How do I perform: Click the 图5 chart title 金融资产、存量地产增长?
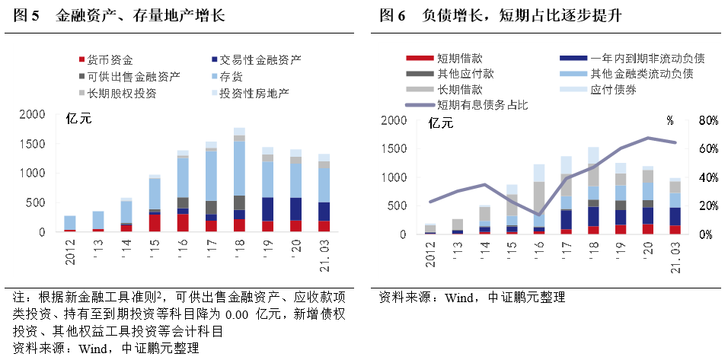tap(141, 16)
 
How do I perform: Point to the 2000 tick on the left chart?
tap(32, 115)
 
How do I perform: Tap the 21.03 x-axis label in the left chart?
tap(324, 254)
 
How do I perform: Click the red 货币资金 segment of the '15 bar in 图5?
tap(155, 221)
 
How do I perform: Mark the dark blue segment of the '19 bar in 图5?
tap(267, 209)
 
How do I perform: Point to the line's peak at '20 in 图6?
tap(647, 138)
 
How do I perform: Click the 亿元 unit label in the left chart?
tap(78, 117)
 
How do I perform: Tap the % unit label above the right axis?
tap(670, 119)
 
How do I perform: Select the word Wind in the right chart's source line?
tap(449, 296)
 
